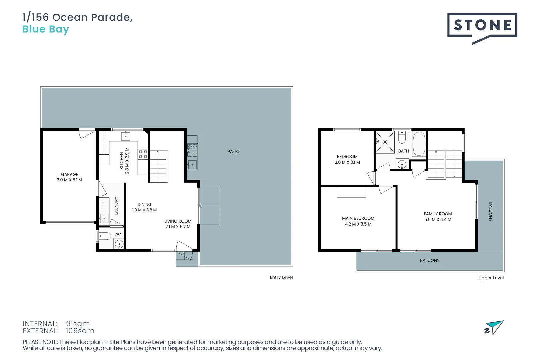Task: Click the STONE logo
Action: (x=482, y=28)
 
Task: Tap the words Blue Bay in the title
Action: (x=46, y=29)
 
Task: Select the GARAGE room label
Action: (x=69, y=174)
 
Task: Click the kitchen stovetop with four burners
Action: (x=143, y=154)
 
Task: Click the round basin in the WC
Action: (x=119, y=244)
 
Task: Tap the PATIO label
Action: (x=234, y=151)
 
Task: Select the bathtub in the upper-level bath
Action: (x=419, y=144)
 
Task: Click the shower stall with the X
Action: (x=385, y=142)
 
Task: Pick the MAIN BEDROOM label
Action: (x=358, y=218)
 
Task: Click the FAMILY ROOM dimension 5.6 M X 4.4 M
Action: (x=438, y=220)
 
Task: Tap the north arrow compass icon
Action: (x=494, y=327)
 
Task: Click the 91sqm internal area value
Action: (x=78, y=324)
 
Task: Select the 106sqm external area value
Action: (x=80, y=331)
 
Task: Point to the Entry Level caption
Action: (x=281, y=277)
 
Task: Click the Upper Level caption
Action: (x=491, y=278)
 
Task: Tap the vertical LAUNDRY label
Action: (x=116, y=206)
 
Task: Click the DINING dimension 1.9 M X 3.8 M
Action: (x=144, y=210)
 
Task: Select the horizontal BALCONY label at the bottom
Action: (x=430, y=260)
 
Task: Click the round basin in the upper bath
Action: (x=402, y=164)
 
